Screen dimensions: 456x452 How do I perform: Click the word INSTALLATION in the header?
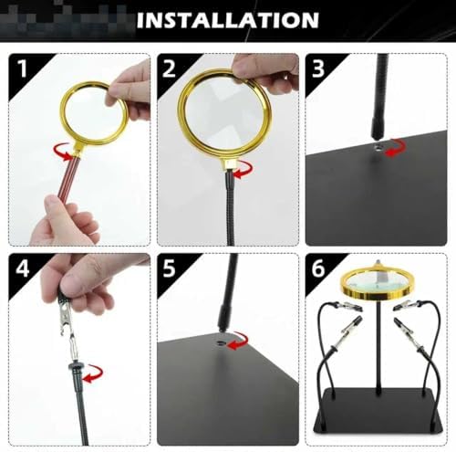click(x=228, y=20)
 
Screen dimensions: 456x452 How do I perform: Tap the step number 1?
click(x=24, y=68)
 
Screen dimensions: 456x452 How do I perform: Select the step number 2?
click(x=169, y=68)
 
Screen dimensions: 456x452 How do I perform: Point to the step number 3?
click(x=318, y=68)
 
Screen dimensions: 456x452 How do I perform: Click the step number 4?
click(x=23, y=268)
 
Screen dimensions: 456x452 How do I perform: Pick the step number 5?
click(x=169, y=268)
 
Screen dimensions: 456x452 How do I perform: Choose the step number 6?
click(x=318, y=268)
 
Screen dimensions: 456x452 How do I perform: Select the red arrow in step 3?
click(x=395, y=148)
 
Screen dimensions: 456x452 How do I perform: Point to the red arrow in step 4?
click(x=93, y=373)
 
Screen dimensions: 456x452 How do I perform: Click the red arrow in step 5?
click(x=238, y=341)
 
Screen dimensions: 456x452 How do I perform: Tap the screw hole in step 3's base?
click(x=378, y=149)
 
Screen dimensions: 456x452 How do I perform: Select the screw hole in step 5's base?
click(x=221, y=343)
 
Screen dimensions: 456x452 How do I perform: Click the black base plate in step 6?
click(x=378, y=414)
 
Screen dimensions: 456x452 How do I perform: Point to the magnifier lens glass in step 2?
click(x=224, y=111)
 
